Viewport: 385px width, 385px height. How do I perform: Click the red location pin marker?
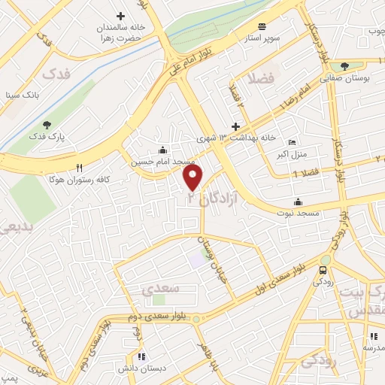[x=193, y=177]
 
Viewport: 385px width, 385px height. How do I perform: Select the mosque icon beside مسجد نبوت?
[x=299, y=202]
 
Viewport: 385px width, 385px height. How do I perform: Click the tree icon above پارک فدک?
[x=47, y=125]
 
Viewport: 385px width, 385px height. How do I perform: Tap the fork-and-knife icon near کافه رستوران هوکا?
[x=79, y=167]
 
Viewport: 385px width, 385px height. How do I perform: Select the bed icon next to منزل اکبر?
[x=293, y=144]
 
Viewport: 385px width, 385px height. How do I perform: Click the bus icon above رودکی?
[x=323, y=270]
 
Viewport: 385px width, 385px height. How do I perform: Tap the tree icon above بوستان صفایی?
[x=344, y=65]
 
